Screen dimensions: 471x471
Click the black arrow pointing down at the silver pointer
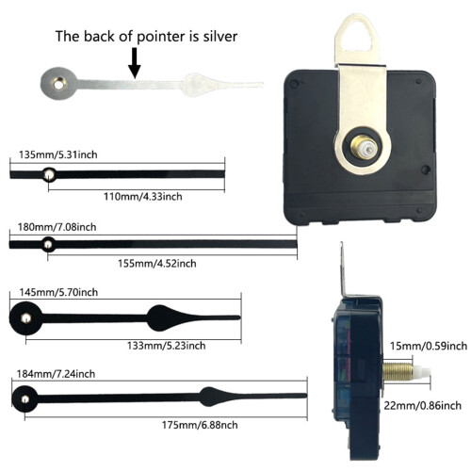tap(135, 63)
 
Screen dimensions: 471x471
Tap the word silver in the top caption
tap(220, 37)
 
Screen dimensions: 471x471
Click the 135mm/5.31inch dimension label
tap(58, 154)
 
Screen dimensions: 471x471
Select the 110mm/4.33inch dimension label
tap(143, 197)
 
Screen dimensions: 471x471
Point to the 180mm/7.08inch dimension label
tap(57, 227)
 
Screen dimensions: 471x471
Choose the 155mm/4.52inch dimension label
tap(157, 264)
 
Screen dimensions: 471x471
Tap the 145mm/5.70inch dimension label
tap(58, 292)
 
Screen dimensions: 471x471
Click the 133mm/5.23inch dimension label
tap(167, 346)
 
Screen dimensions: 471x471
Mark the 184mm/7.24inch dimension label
tap(56, 374)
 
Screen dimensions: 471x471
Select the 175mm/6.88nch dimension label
tap(200, 425)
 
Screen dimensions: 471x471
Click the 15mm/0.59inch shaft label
tap(429, 346)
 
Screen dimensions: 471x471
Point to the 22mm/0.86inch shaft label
tap(423, 405)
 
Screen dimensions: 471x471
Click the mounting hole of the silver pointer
tap(58, 84)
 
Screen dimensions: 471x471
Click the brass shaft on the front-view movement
tap(361, 146)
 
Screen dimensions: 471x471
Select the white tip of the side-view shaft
tap(422, 373)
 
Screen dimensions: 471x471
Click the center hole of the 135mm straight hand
tap(49, 174)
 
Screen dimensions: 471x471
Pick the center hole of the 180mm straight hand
tap(48, 244)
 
